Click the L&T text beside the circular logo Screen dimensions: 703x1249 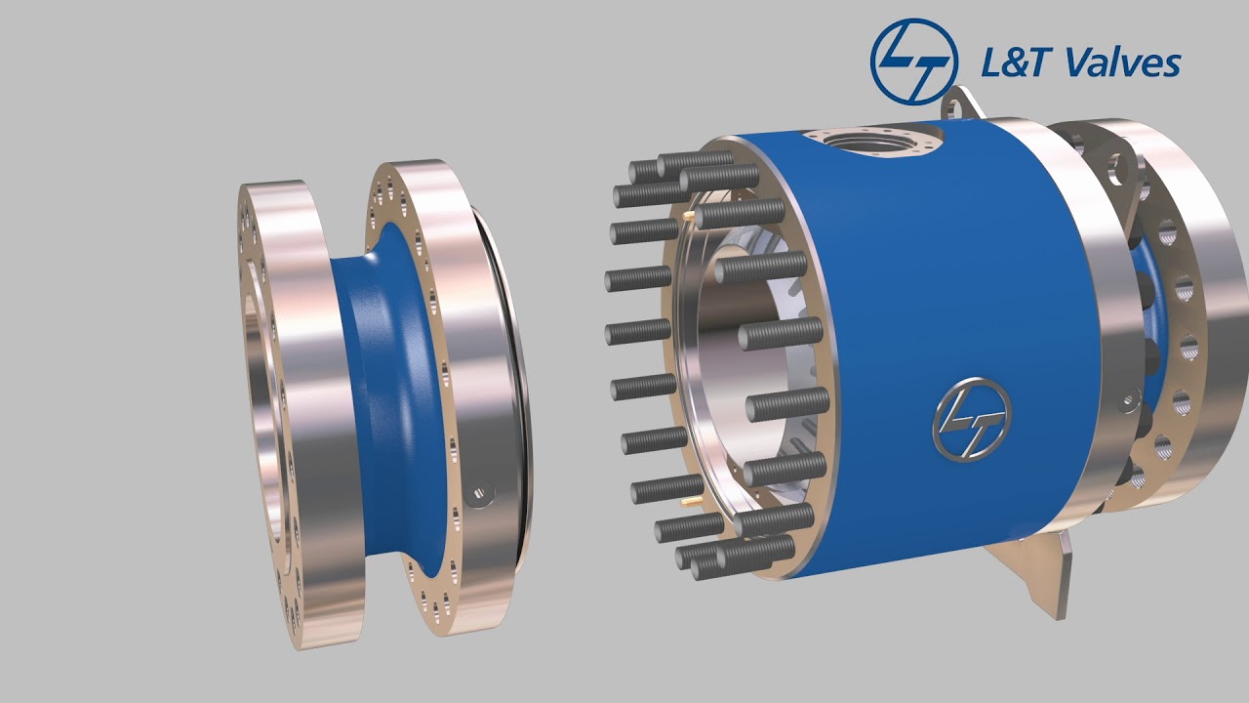tap(1015, 63)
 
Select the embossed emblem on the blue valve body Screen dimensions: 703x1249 tap(971, 417)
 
